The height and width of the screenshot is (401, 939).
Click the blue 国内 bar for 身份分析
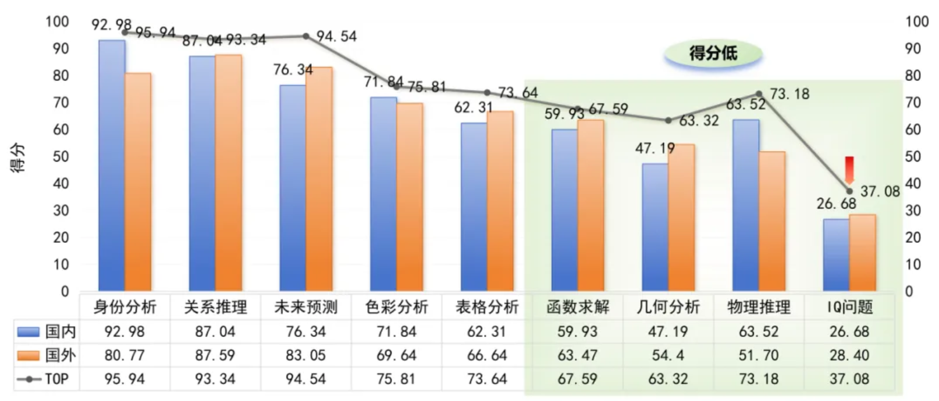112,166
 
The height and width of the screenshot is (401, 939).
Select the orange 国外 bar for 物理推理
772,221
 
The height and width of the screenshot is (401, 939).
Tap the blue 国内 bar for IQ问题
836,255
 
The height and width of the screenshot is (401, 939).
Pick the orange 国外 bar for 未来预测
319,178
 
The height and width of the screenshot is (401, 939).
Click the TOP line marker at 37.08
849,191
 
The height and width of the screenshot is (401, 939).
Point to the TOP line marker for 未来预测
306,36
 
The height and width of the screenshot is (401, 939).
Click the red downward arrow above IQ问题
849,169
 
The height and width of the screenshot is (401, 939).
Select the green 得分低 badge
713,53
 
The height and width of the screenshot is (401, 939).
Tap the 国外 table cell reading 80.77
125,355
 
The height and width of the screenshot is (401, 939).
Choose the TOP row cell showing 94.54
305,379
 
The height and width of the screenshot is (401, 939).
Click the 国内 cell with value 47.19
668,332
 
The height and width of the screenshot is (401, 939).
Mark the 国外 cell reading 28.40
849,355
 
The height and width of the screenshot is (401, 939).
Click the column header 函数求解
578,307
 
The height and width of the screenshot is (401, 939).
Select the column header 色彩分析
396,307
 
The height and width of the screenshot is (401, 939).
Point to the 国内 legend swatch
29,332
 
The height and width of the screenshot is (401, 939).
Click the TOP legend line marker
29,379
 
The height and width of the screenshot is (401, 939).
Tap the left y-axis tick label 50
61,156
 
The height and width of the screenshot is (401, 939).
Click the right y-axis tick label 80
913,76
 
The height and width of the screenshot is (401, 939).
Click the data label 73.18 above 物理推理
789,94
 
